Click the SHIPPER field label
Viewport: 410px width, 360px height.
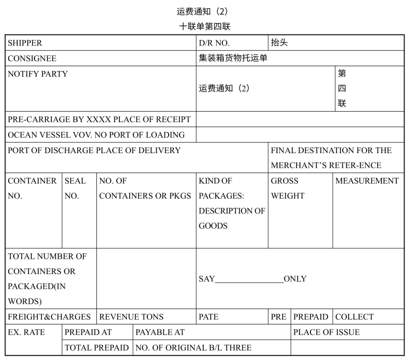25,43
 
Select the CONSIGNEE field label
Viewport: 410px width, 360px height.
32,59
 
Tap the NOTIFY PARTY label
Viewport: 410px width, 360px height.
38,74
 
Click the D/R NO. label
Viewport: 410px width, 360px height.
214,43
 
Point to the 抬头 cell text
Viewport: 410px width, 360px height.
279,42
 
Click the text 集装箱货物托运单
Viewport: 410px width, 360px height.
233,58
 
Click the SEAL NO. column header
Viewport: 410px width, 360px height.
75,188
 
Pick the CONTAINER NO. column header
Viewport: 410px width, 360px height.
32,188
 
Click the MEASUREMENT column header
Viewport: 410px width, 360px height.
367,181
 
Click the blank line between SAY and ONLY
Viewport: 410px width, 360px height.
249,280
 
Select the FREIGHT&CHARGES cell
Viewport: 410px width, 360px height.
49,317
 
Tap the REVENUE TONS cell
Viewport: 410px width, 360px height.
131,317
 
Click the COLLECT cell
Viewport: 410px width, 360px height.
354,317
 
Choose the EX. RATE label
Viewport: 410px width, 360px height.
26,332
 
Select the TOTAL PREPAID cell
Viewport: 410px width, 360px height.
97,347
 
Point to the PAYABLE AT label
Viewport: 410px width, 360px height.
160,332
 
